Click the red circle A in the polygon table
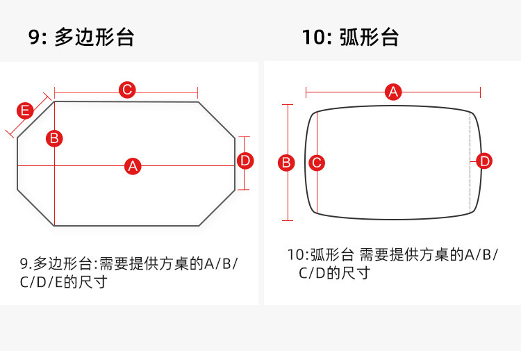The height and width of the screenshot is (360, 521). click(133, 165)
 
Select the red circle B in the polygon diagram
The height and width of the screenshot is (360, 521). click(54, 138)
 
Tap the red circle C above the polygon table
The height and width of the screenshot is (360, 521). click(126, 90)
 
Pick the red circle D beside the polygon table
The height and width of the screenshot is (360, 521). click(245, 161)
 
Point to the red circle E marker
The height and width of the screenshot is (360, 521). click(25, 111)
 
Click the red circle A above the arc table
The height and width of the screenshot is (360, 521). click(393, 91)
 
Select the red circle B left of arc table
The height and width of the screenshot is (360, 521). click(286, 163)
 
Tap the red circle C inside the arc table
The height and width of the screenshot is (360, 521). click(317, 163)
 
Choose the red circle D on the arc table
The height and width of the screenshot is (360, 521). click(485, 161)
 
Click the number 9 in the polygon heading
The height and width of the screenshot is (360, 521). click(35, 36)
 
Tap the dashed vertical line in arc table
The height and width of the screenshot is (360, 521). click(471, 188)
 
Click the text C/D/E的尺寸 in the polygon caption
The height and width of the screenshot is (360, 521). click(63, 282)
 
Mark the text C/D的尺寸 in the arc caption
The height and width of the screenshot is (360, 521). click(334, 273)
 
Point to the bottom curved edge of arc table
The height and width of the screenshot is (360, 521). click(393, 218)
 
